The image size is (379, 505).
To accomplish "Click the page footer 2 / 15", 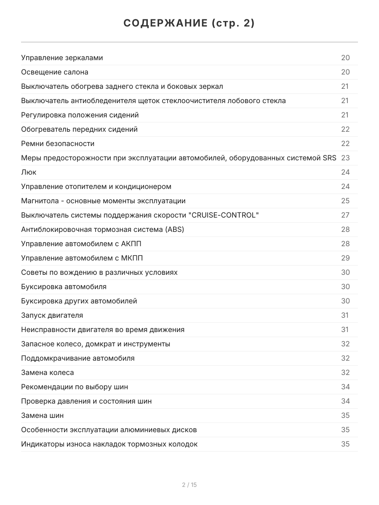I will tap(189, 485).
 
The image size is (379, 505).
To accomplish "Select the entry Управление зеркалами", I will tap(62, 58).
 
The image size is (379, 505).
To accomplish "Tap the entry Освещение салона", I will tap(55, 72).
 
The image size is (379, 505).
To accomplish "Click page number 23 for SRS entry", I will tap(345, 158).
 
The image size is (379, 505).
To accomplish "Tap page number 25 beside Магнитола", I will tap(345, 201).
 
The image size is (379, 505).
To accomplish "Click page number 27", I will tap(345, 215).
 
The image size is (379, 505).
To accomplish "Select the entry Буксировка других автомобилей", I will tap(79, 301).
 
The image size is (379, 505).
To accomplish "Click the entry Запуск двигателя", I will tap(52, 315).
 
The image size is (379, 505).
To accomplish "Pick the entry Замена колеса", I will tap(47, 372).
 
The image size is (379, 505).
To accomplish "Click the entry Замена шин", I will tap(43, 415).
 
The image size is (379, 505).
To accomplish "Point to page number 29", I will tap(345, 258).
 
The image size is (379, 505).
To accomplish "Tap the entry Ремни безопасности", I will tap(58, 144).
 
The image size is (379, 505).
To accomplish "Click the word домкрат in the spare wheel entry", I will tap(100, 344).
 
